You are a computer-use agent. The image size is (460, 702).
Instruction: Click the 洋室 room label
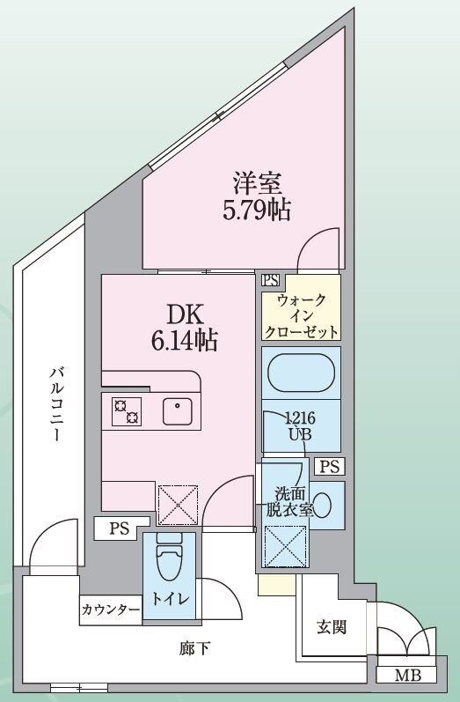tap(256, 185)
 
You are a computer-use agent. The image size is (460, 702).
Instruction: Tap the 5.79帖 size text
tap(256, 211)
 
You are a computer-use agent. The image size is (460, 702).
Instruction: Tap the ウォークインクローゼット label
tap(301, 316)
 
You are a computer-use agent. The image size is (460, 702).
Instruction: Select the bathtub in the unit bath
tap(301, 372)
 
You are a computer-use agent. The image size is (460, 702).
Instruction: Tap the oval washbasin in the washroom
tap(323, 505)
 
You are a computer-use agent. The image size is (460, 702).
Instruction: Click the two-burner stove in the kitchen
tap(126, 410)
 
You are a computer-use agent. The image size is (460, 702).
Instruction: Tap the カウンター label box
tap(111, 610)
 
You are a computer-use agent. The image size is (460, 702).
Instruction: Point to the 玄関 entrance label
tap(332, 627)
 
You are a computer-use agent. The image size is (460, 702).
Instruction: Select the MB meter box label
tap(407, 676)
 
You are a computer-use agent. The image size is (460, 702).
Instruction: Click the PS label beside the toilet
tap(118, 529)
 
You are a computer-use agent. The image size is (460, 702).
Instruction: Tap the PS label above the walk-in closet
tap(271, 281)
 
